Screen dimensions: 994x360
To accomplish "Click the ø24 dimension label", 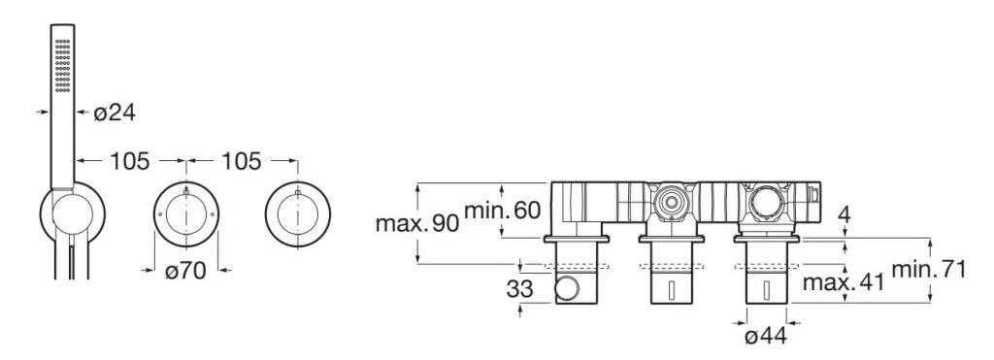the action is [115, 113].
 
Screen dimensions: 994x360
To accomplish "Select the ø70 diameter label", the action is [185, 272].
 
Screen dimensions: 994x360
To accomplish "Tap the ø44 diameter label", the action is [767, 336].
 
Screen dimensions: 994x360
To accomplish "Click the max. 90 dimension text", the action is [416, 224].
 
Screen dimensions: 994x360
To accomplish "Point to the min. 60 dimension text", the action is [503, 210].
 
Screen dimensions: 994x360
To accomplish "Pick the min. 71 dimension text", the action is [929, 270].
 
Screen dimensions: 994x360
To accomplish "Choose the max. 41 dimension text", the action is [844, 282].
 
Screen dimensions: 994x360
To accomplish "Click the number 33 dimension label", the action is [520, 289].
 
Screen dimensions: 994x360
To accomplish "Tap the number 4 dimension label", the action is [845, 214].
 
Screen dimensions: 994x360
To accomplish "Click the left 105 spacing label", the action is [130, 162].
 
